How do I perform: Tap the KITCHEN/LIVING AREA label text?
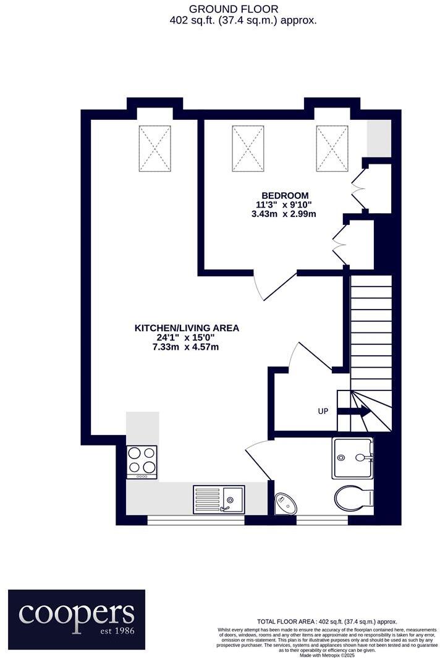187,328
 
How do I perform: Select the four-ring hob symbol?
142,460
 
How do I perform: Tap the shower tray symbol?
352,458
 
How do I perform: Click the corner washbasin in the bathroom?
285,504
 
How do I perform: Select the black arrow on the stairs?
355,411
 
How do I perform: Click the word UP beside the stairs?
323,411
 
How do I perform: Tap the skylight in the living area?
154,148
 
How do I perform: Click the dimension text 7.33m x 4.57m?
187,347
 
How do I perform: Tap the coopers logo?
77,612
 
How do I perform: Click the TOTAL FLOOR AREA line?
327,622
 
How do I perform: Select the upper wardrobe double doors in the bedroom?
358,185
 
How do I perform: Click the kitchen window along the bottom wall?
196,520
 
